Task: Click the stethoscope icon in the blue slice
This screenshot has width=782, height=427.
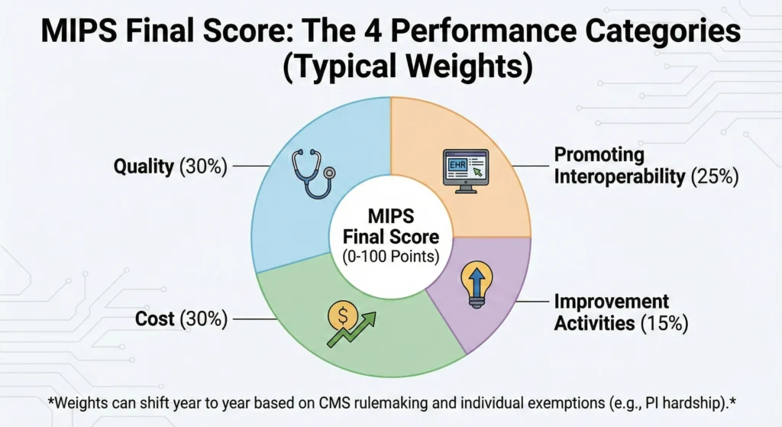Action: click(312, 173)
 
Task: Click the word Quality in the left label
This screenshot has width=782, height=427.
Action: click(144, 167)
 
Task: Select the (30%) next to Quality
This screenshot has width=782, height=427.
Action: click(203, 167)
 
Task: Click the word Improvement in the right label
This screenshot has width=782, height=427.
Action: click(612, 302)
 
